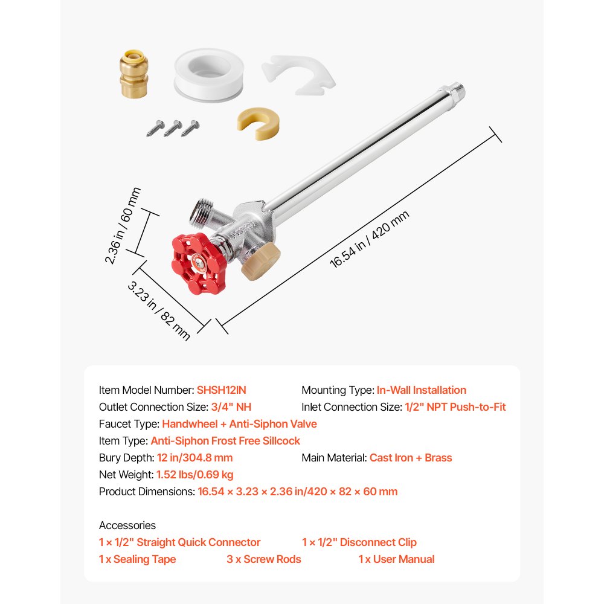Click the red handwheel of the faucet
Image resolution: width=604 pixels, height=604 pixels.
click(x=198, y=263)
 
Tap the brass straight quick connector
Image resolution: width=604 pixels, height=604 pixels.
click(x=137, y=71)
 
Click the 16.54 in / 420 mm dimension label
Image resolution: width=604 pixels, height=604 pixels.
click(x=369, y=239)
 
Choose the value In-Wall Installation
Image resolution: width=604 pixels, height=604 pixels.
click(x=421, y=390)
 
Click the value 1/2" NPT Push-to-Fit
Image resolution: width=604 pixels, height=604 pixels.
click(x=455, y=407)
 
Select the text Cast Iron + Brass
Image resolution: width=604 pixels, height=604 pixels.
click(x=411, y=458)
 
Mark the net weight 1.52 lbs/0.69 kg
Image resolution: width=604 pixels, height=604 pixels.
click(x=194, y=475)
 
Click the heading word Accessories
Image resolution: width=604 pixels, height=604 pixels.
click(x=127, y=525)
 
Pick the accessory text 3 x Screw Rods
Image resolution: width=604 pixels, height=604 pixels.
click(x=264, y=559)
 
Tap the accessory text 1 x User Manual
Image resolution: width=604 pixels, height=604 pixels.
click(x=396, y=559)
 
